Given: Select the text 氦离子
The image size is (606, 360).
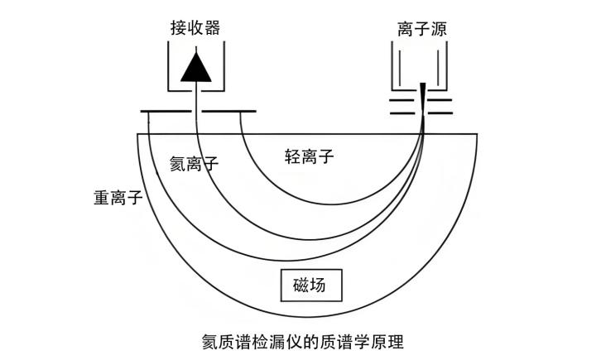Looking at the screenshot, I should pyautogui.click(x=194, y=163).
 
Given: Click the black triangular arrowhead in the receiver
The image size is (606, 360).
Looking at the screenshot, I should pyautogui.click(x=197, y=66).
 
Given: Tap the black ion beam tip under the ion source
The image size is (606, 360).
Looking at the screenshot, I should pyautogui.click(x=422, y=96).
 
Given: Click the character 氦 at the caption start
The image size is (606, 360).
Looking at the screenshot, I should pyautogui.click(x=211, y=340).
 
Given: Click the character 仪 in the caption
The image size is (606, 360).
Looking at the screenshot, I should pyautogui.click(x=296, y=340).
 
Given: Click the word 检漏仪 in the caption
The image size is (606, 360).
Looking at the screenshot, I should pyautogui.click(x=277, y=340).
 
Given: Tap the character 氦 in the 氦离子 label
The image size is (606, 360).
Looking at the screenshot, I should pyautogui.click(x=176, y=163).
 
